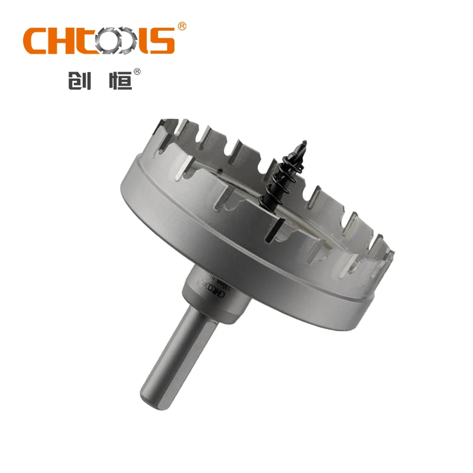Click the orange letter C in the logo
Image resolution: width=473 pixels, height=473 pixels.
tap(37, 40)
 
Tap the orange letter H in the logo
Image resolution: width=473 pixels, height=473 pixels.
tap(66, 40)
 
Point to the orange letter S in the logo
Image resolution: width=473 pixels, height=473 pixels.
tap(161, 40)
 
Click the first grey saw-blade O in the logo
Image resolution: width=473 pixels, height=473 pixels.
tap(110, 41)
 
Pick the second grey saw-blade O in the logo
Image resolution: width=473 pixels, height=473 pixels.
tap(130, 41)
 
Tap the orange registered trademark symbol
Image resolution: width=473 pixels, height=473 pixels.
tap(182, 26)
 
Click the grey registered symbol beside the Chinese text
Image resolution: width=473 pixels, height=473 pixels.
tap(137, 72)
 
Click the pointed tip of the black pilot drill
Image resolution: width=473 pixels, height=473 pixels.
tap(304, 142)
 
